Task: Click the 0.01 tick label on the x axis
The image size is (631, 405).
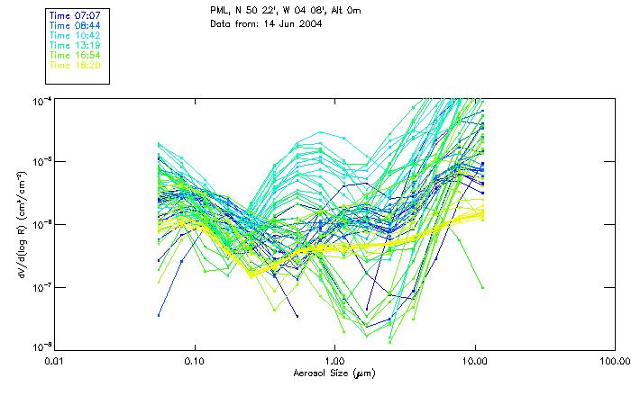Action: tap(55, 361)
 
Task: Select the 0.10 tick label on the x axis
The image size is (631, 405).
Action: tap(194, 361)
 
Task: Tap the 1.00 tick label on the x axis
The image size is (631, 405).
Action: tap(334, 361)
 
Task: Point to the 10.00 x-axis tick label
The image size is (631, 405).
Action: tap(474, 361)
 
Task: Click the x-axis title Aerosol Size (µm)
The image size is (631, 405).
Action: tap(334, 373)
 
